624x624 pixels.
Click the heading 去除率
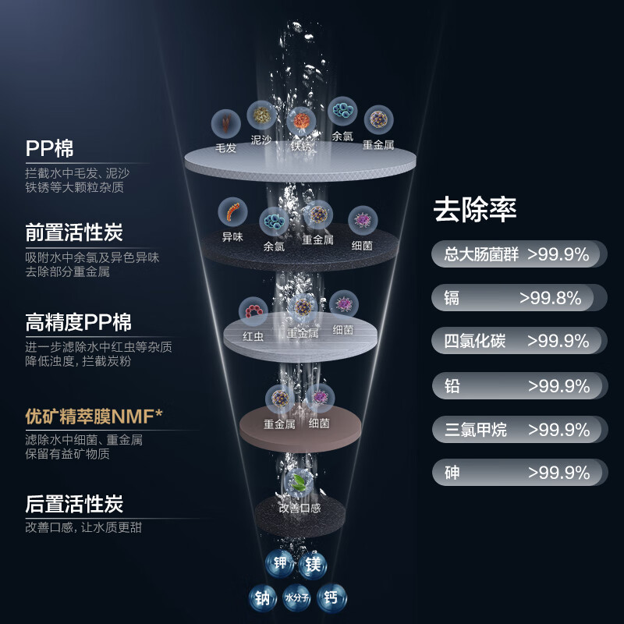click(x=475, y=209)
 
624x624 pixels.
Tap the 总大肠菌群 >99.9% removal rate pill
click(x=519, y=254)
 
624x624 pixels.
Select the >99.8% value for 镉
click(x=551, y=298)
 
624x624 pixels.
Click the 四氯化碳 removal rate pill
click(x=519, y=341)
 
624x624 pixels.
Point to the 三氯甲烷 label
click(x=475, y=430)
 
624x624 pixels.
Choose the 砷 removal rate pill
click(x=519, y=473)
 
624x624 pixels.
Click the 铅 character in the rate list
click(x=452, y=386)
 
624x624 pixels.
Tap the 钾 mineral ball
click(x=279, y=562)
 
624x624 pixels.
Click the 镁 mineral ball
click(x=314, y=565)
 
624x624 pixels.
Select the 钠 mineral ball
click(x=263, y=597)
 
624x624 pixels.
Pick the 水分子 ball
click(x=296, y=597)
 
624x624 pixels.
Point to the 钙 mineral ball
click(x=331, y=597)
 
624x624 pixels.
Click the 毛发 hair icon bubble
click(x=225, y=123)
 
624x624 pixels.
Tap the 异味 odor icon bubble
click(x=232, y=212)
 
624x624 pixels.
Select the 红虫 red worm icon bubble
click(x=253, y=311)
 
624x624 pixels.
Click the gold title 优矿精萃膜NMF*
click(x=94, y=417)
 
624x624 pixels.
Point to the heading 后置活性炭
click(x=74, y=504)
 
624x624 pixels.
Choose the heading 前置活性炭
click(x=74, y=232)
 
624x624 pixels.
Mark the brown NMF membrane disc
click(x=300, y=429)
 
